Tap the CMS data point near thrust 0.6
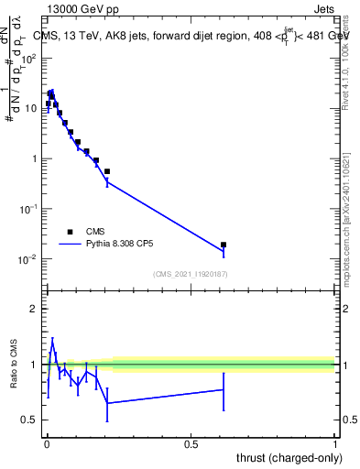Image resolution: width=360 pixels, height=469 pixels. pos(224,245)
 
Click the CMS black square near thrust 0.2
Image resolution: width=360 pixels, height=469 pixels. pos(107,171)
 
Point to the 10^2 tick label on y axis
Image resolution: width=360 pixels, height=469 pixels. pos(28,58)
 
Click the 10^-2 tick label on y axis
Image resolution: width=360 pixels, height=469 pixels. pos(28,259)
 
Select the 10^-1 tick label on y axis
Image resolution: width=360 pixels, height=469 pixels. pos(28,209)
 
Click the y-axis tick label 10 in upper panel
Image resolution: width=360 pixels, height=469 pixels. pos(31,108)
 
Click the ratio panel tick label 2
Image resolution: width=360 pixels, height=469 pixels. pos(34,309)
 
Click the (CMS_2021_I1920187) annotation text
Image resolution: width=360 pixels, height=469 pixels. pos(190,274)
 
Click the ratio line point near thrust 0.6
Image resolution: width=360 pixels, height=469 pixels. pos(224,389)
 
